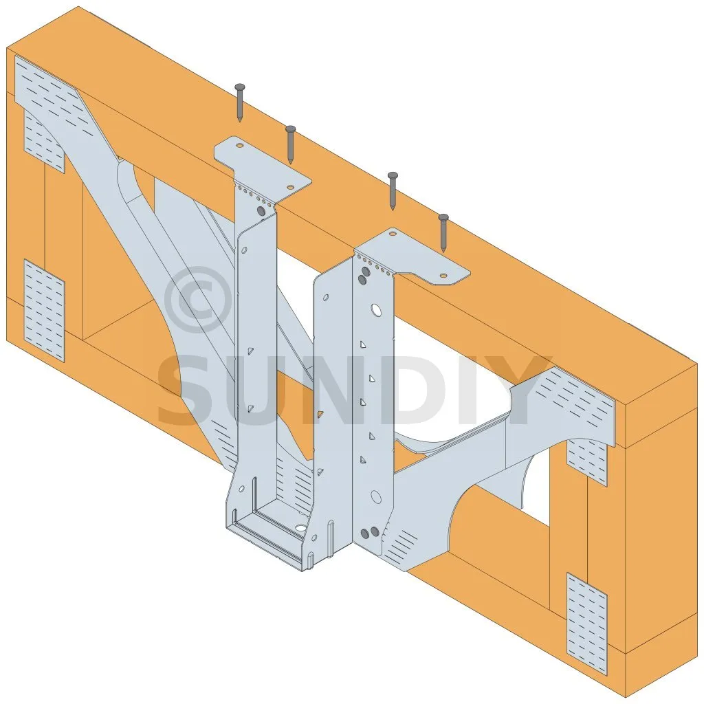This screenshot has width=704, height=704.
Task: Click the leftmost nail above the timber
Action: point(240,102)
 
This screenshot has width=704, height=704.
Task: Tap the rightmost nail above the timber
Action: point(443,233)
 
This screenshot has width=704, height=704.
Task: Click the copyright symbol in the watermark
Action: point(199,300)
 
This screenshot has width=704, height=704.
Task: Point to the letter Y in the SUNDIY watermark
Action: point(522,390)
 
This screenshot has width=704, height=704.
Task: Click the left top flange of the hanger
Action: point(262,170)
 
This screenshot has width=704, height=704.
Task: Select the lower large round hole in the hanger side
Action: point(376,496)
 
